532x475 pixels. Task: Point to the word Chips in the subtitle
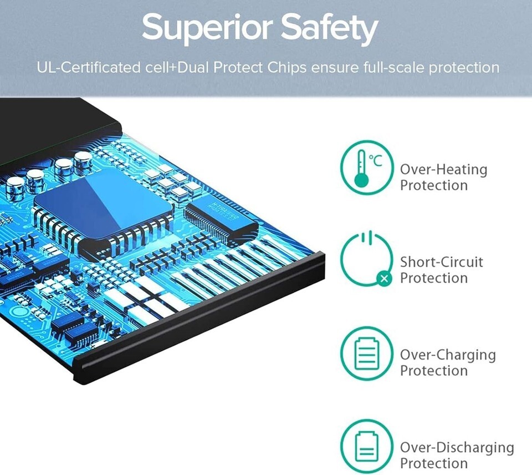coord(282,68)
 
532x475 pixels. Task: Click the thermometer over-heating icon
coord(366,168)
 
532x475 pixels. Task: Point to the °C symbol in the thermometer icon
coord(376,160)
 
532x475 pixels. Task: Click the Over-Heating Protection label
coord(443,177)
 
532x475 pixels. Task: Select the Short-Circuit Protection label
coord(441,270)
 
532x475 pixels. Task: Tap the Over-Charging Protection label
coord(448,362)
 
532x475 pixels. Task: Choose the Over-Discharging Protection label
coord(457,455)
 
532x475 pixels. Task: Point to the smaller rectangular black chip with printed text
coord(221,218)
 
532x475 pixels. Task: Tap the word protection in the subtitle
coord(464,68)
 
